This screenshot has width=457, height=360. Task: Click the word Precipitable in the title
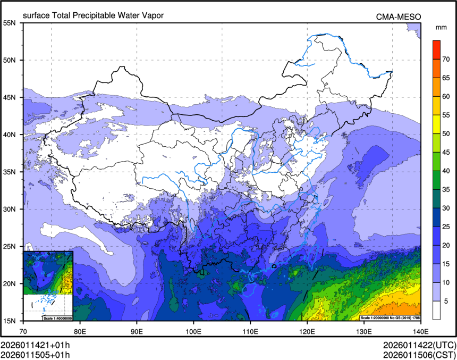103,15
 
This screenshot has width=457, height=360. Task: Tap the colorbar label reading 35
447,189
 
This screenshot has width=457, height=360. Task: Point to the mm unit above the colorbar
441,27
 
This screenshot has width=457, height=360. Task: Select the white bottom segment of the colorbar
436,310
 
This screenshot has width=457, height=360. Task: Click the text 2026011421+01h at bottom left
35,345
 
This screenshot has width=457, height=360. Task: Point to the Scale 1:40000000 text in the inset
57,317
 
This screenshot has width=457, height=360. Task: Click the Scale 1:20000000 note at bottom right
391,317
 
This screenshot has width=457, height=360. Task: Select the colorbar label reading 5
447,301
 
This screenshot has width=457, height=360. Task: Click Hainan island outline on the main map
249,290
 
